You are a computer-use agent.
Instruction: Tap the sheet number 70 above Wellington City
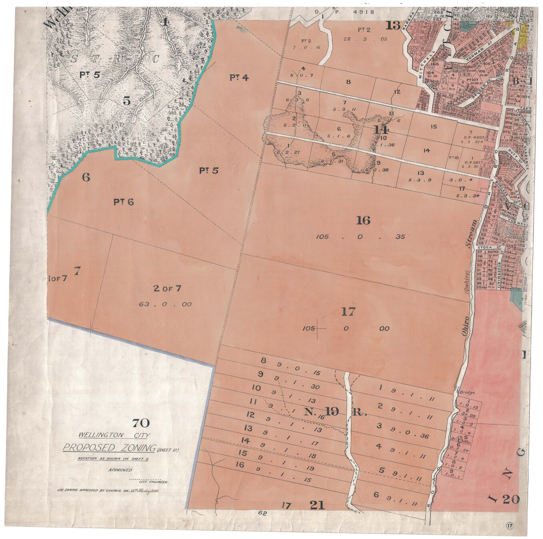click(x=141, y=423)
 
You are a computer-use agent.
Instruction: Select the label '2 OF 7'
click(x=167, y=288)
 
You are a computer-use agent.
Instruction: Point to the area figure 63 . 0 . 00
click(x=165, y=304)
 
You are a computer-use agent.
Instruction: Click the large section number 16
click(x=363, y=220)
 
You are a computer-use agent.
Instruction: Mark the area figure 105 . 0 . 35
click(x=360, y=237)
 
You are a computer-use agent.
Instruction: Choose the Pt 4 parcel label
click(x=239, y=78)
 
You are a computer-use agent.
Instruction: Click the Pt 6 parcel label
click(x=123, y=202)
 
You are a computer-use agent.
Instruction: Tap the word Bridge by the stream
click(x=467, y=392)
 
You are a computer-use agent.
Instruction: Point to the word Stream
click(x=472, y=234)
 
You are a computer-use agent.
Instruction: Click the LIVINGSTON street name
click(x=499, y=275)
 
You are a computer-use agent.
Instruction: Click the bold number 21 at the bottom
click(x=317, y=505)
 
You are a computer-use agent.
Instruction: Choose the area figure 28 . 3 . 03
click(x=365, y=39)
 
